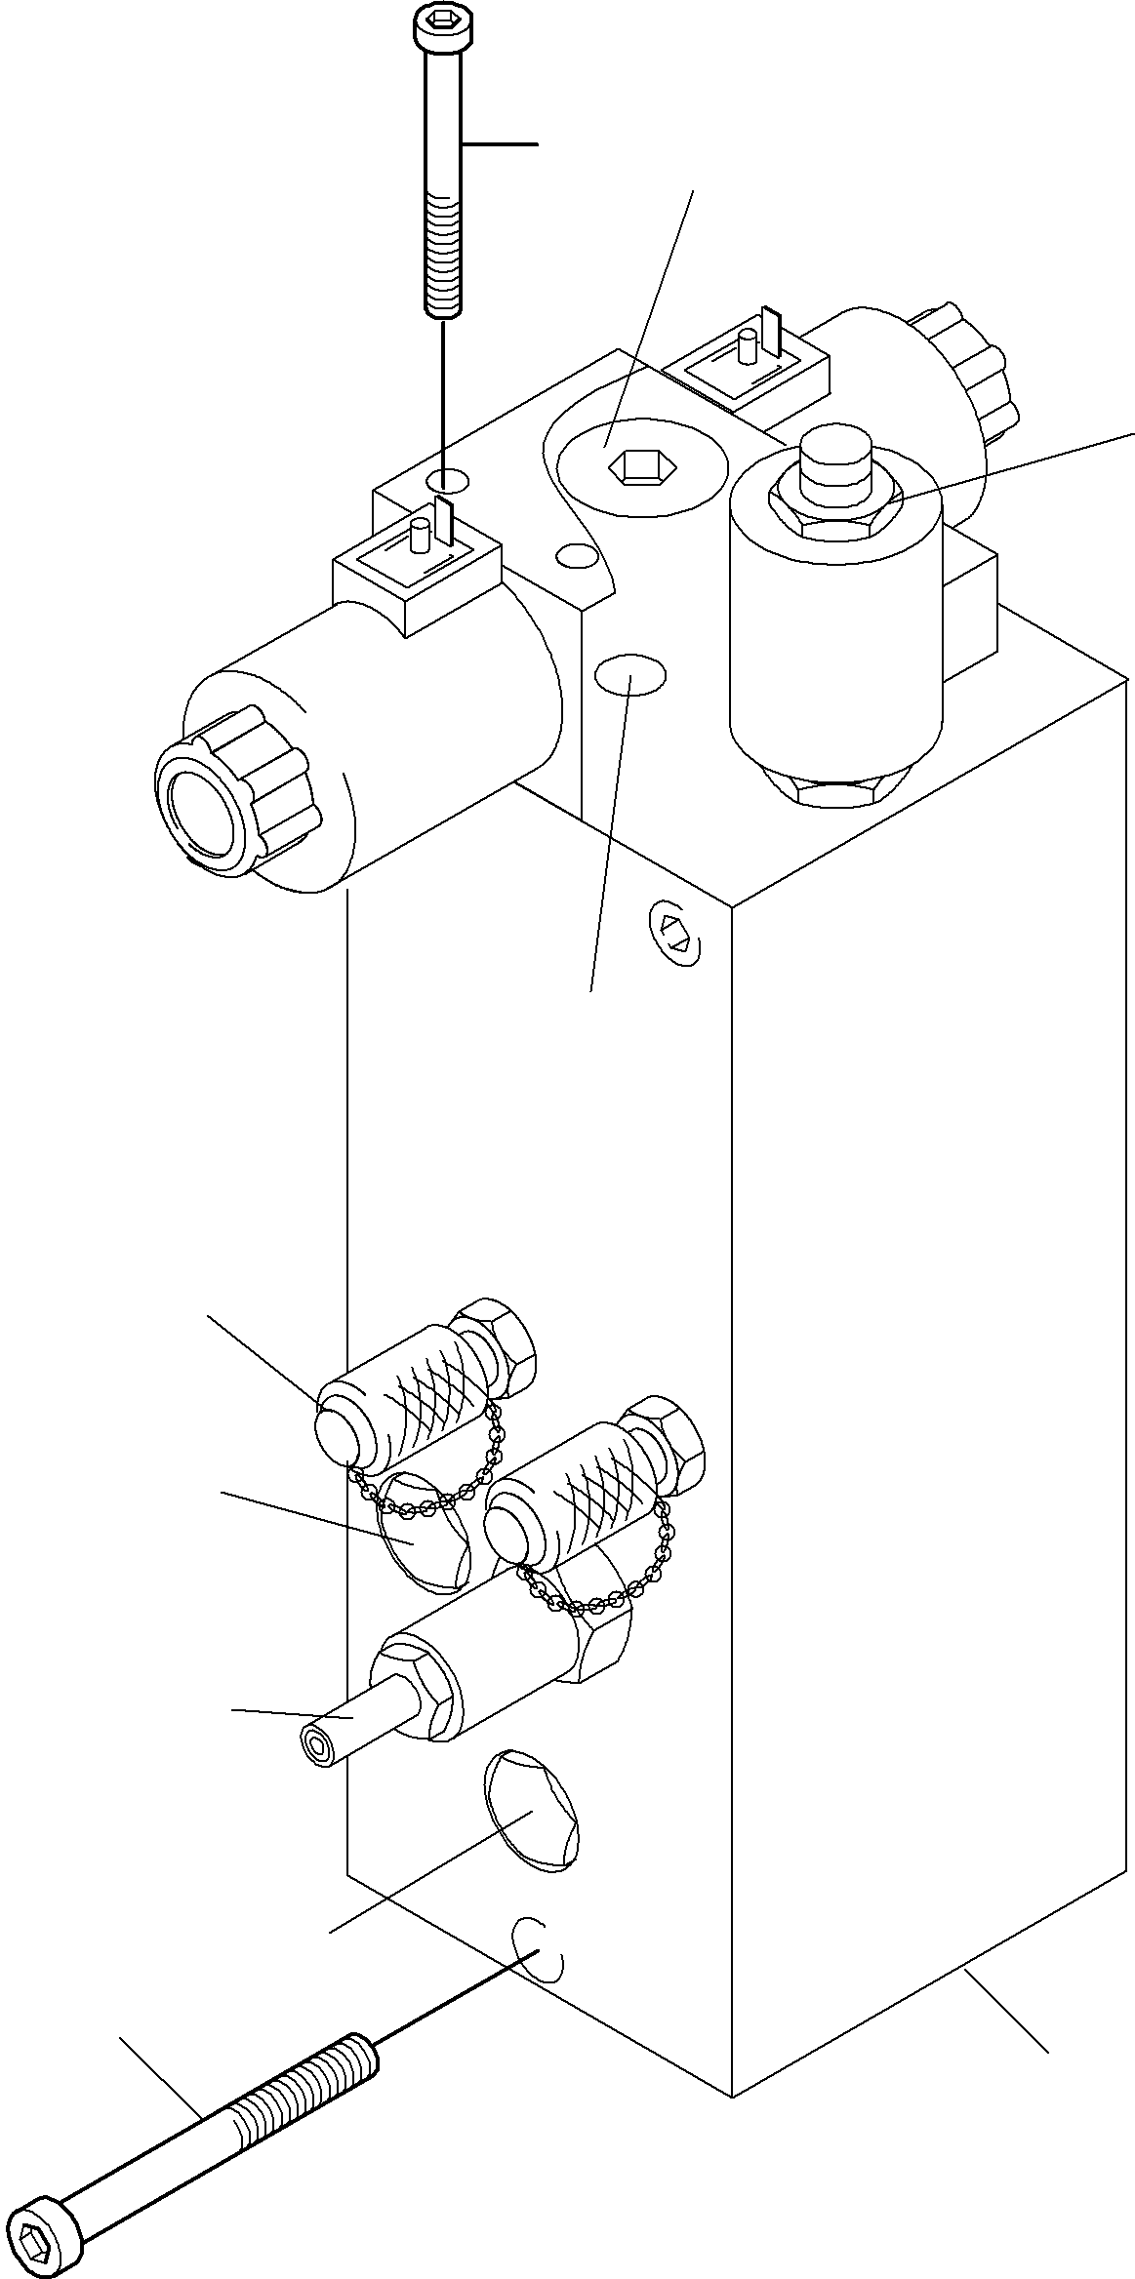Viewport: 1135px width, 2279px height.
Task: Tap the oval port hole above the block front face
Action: click(630, 675)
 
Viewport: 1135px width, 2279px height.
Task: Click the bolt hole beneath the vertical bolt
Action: click(447, 479)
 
